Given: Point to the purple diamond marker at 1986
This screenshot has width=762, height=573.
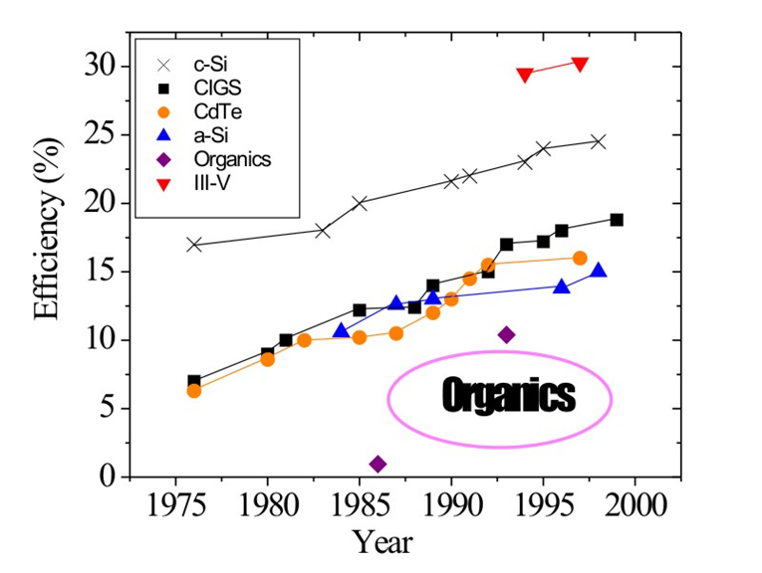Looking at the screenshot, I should (x=378, y=464).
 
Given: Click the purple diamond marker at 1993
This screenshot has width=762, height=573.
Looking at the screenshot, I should (x=506, y=334).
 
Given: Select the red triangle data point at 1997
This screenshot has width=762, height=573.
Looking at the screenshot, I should (x=580, y=65).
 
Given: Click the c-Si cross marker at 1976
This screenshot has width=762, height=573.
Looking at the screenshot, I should (x=194, y=244).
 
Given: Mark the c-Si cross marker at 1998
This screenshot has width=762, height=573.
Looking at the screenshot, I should (x=598, y=141).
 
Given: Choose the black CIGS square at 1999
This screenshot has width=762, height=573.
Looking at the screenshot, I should (x=617, y=220).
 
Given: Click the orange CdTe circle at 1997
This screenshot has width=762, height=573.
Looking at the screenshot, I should (x=580, y=258).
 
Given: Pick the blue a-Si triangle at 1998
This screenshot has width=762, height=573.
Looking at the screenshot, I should (x=598, y=271).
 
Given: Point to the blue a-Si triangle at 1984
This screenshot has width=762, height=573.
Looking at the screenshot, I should (x=342, y=330).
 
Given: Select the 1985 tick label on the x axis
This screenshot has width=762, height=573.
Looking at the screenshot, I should (x=360, y=505).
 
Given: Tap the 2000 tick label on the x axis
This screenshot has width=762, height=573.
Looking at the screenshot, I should (x=635, y=505).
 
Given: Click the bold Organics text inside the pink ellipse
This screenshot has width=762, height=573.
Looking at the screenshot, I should (x=509, y=396).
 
